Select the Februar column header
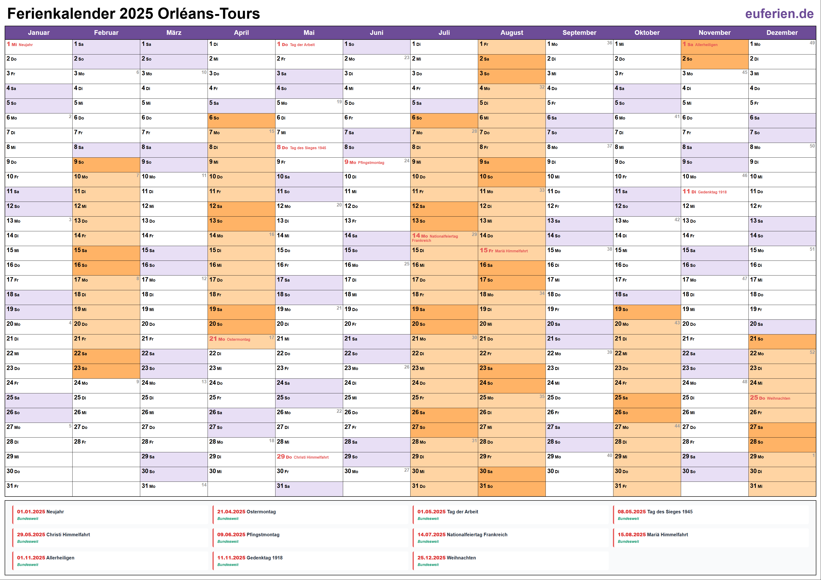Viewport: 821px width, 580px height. point(106,33)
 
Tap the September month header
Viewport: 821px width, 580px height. point(579,33)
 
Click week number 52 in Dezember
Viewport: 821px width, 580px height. point(812,352)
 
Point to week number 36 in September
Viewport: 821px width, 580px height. point(609,43)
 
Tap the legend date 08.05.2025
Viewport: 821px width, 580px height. point(631,512)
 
